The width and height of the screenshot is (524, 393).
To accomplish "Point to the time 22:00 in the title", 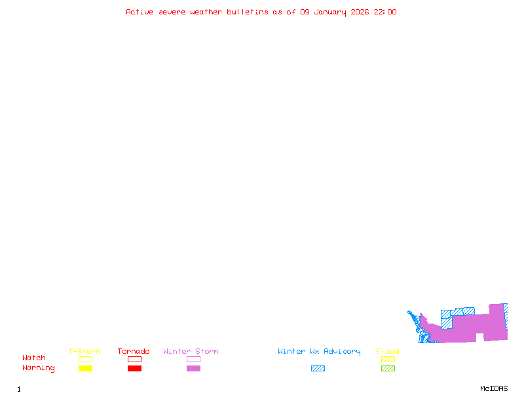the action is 385,12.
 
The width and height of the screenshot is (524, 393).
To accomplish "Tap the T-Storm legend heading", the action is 84,352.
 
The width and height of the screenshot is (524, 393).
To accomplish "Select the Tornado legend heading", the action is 134,352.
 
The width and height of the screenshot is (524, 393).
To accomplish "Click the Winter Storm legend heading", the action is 191,352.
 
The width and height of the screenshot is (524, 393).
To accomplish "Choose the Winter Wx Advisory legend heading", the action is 319,352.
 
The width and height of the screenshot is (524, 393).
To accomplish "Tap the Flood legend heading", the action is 388,352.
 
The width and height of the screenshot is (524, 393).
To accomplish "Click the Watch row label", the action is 34,358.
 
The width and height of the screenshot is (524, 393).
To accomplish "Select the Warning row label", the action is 39,368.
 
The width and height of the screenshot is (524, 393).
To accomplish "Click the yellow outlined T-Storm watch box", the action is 85,359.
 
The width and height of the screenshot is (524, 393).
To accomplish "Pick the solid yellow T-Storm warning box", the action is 85,369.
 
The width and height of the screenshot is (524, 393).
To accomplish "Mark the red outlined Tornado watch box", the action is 134,359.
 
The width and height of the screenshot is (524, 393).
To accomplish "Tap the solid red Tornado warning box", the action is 134,369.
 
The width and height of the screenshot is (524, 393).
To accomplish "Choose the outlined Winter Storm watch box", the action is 193,359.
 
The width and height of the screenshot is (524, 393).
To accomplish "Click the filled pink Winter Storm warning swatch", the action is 193,369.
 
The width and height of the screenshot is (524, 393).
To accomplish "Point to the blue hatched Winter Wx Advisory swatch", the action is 318,369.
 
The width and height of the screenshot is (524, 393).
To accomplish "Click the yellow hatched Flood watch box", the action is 388,359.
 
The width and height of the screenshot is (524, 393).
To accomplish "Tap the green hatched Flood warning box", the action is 388,369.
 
